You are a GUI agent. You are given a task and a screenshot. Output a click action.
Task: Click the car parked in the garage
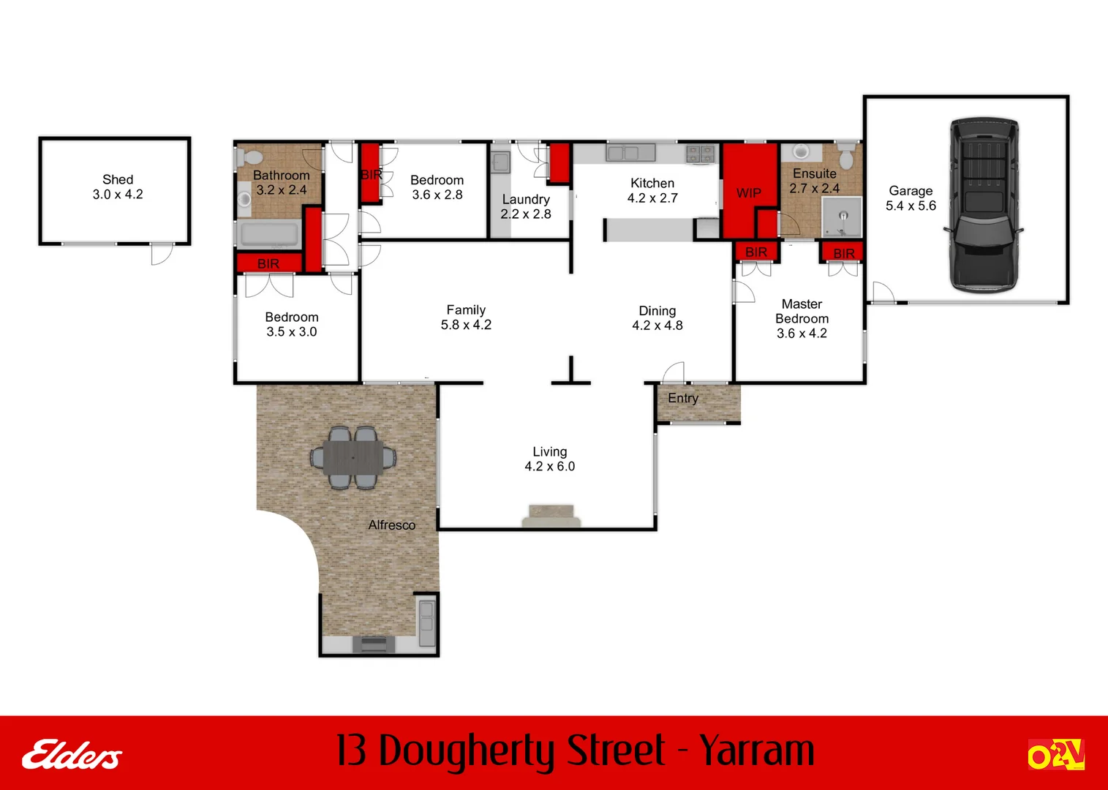(x=983, y=205)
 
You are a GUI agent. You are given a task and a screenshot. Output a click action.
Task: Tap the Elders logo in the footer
(x=72, y=755)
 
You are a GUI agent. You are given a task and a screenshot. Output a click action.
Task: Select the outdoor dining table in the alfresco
(x=353, y=458)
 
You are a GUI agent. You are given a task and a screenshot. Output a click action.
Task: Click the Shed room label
(x=118, y=179)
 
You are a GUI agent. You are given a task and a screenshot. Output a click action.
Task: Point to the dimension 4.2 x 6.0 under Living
(x=549, y=467)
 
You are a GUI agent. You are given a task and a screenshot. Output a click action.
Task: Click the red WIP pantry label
(x=748, y=193)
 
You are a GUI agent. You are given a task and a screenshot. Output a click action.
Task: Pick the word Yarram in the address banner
(x=756, y=751)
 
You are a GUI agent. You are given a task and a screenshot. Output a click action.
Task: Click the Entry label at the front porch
(x=682, y=399)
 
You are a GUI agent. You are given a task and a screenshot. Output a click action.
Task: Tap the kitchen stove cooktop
(x=700, y=154)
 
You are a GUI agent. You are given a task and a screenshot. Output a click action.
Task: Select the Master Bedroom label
(x=802, y=311)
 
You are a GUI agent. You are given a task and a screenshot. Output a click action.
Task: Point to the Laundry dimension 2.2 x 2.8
(x=525, y=214)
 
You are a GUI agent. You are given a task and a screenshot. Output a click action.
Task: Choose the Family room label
(x=466, y=310)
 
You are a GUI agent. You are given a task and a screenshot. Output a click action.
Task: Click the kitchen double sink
(x=622, y=153)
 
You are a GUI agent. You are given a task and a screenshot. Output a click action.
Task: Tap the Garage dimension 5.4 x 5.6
(x=911, y=206)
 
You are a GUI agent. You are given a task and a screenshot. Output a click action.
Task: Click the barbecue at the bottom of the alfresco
(x=374, y=644)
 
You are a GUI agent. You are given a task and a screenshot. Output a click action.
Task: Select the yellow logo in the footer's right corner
(x=1055, y=755)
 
